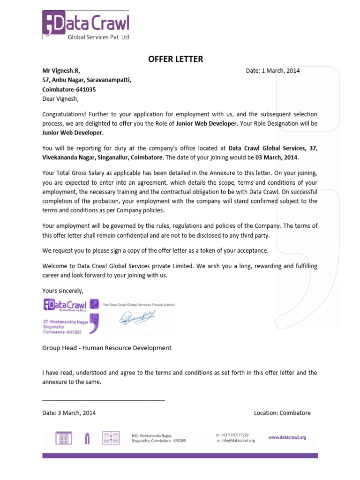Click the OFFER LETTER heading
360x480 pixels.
(176, 59)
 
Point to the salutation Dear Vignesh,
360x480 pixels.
(61, 99)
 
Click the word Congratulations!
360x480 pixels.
(64, 114)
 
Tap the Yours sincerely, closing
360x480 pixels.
(63, 291)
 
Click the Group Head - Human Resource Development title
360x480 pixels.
(107, 348)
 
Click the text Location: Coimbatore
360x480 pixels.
(282, 413)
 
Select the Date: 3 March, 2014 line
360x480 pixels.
(69, 413)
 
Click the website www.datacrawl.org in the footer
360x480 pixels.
(287, 437)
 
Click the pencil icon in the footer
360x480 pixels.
(87, 438)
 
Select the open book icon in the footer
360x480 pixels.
(111, 438)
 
